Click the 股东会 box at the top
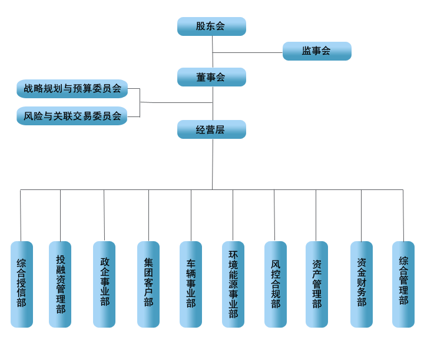211,26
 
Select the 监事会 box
317,51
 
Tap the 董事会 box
211,77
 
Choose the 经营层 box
211,129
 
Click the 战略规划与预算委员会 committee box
72,89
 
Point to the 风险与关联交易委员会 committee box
72,116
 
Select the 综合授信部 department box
22,284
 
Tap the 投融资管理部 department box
60,284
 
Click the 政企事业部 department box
104,284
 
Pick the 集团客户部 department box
148,284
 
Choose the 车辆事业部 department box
191,284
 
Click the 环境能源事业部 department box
233,284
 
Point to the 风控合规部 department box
276,284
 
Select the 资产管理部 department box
317,284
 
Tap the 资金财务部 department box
362,284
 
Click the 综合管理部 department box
403,284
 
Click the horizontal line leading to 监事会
247,53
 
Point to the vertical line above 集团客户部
148,215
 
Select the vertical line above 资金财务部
362,215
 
